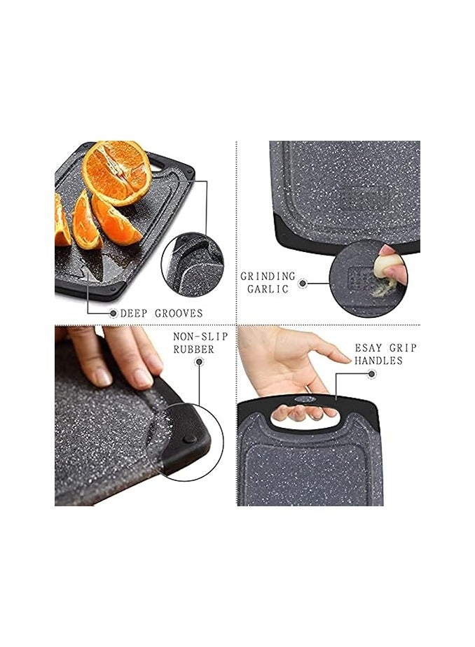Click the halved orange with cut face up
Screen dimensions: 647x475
pyautogui.click(x=116, y=172)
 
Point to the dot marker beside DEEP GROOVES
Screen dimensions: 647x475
pyautogui.click(x=113, y=313)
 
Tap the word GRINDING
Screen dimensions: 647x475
pyautogui.click(x=268, y=277)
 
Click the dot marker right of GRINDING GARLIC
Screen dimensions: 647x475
pyautogui.click(x=303, y=284)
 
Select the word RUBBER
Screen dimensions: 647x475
pyautogui.click(x=193, y=349)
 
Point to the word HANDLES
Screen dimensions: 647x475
pyautogui.click(x=378, y=361)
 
